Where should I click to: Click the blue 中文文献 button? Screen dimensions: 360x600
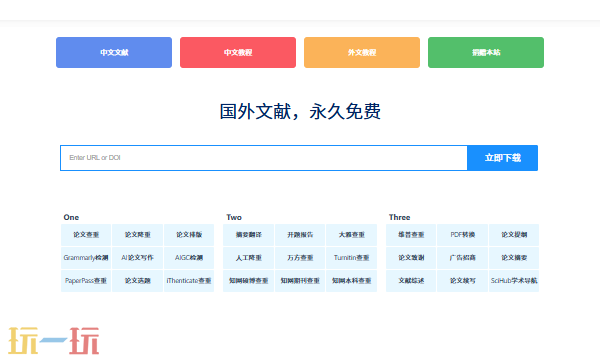point(114,52)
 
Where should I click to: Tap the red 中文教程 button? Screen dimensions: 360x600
point(238,52)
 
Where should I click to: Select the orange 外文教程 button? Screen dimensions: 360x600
point(362,52)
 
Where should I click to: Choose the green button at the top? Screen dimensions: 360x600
point(486,52)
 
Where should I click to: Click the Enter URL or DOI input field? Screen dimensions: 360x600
point(264,158)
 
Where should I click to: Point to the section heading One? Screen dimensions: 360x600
point(71,217)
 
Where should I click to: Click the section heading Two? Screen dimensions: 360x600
point(234,217)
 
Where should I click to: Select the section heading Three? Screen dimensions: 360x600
point(399,217)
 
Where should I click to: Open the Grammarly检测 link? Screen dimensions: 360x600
point(86,257)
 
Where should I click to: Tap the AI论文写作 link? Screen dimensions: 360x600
point(138,257)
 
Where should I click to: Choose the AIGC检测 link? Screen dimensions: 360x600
point(189,257)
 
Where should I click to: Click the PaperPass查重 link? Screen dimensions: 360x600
point(86,281)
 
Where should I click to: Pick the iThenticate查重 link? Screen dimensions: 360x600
point(189,281)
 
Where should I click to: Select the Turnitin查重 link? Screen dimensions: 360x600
point(352,257)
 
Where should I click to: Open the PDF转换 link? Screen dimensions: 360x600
point(463,234)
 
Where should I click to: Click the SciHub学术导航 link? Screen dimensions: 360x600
point(514,281)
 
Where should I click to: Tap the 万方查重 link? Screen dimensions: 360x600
point(300,257)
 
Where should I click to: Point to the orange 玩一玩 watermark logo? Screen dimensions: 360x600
point(55,339)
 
